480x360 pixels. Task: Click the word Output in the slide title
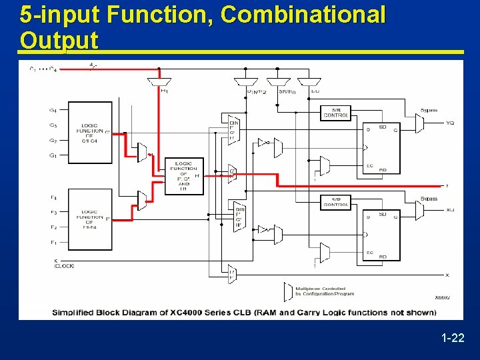(x=59, y=40)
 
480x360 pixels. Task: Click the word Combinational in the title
(x=303, y=15)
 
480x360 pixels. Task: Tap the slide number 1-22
(x=453, y=339)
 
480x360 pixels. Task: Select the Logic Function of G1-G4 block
(x=90, y=131)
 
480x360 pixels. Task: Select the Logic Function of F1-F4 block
(x=90, y=218)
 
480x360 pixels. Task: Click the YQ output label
(x=450, y=123)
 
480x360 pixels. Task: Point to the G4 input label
(x=53, y=110)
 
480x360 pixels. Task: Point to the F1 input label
(x=53, y=243)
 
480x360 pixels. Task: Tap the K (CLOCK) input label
(x=63, y=263)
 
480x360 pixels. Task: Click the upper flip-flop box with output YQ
(x=381, y=147)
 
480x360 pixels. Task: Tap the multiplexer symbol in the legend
(x=288, y=292)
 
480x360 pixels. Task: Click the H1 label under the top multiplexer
(x=164, y=91)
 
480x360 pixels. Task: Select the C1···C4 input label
(x=43, y=69)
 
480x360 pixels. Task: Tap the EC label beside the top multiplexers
(x=315, y=91)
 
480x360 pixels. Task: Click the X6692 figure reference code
(x=442, y=297)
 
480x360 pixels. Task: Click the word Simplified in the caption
(x=77, y=312)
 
